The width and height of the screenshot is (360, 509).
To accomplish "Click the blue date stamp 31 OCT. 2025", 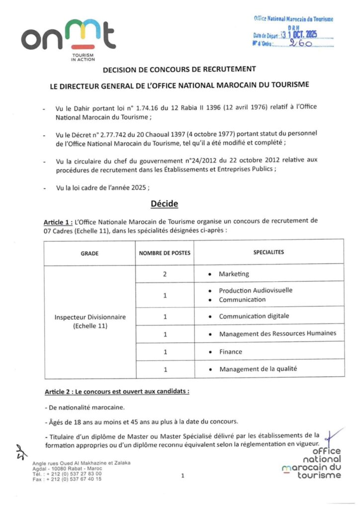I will coord(298,35).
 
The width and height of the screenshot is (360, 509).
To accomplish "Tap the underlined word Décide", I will coord(164,204).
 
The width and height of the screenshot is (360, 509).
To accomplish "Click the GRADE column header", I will coord(90,253).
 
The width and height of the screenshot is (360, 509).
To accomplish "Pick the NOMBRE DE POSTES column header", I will coord(165,253).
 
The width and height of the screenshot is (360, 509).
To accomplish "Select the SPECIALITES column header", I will coord(269,253).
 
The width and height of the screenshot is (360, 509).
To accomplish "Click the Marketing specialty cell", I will coord(234,274).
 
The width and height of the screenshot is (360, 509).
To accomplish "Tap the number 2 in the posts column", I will coord(165,274).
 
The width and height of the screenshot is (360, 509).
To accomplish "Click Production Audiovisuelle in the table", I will coord(256,290).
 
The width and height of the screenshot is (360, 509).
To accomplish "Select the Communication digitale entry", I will coord(254,316).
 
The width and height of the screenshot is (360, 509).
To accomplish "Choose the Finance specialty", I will coord(231,352).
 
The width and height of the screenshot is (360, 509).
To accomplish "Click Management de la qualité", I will coord(258,369).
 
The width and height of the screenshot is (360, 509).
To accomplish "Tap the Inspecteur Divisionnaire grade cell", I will coord(90,321).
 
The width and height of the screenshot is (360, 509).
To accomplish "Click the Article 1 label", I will coord(58,220).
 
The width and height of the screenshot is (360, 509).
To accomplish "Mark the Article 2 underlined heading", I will coord(117,392).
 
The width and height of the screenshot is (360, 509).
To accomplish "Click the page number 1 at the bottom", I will coord(183,476).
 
